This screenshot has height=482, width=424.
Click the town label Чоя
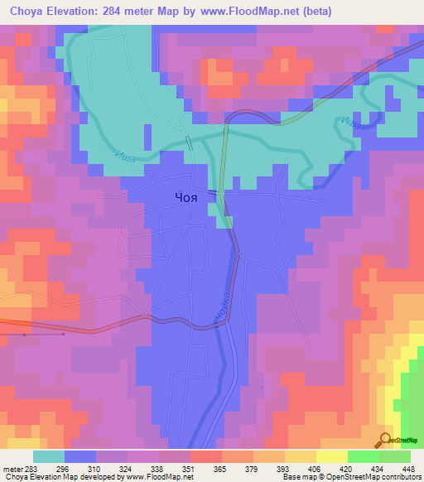click(187, 197)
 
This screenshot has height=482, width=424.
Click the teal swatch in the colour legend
click(49, 456)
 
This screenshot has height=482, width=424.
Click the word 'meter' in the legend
click(11, 468)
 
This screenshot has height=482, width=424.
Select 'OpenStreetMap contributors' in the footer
click(377, 477)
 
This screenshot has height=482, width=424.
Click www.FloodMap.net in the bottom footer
click(158, 477)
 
